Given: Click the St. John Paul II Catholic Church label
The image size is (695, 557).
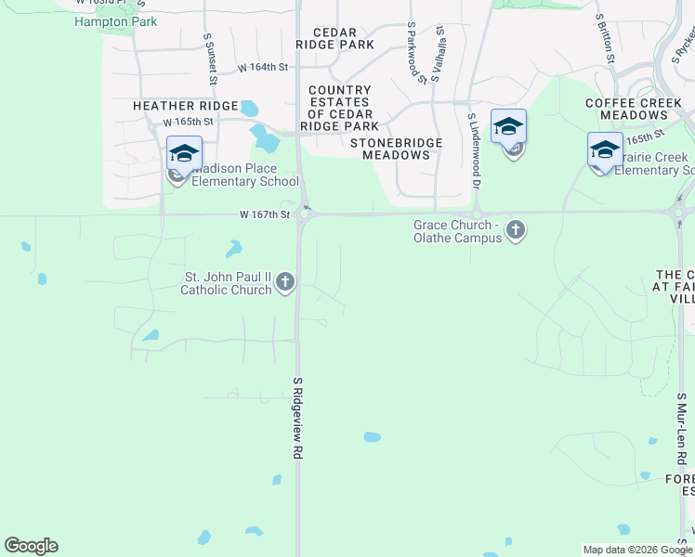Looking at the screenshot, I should [228, 283].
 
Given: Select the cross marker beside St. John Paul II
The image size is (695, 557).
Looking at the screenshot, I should [285, 282].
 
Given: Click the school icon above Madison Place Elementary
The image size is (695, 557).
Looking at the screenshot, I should [184, 153].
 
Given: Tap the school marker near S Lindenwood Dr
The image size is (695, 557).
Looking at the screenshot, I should [508, 126].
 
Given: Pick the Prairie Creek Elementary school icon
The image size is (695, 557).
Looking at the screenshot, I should [605, 149].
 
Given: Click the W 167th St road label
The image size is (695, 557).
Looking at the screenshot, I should [265, 214].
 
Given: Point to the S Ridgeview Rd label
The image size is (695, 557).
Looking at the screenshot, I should [298, 417].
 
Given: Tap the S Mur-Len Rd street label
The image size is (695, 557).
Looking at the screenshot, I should [681, 428].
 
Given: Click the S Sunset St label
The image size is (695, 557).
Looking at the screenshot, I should [211, 58].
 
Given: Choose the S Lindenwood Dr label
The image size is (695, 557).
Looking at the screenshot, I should [474, 151].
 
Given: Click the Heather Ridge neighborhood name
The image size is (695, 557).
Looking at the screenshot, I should [186, 107].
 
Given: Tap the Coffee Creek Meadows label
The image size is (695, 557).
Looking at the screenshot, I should [626, 109].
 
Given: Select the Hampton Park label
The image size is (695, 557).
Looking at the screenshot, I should [115, 21].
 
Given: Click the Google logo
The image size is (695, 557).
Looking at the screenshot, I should [31, 546].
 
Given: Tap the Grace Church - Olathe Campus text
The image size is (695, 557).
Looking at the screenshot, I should [457, 231].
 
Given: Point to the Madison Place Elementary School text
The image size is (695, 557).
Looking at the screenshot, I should [245, 175].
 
